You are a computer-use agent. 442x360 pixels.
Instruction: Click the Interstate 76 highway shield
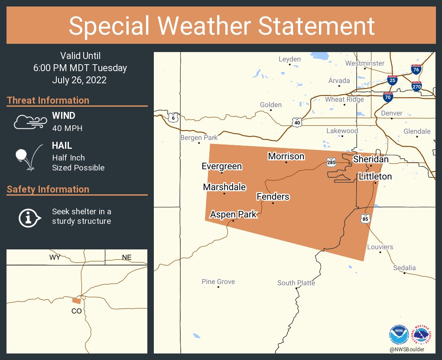[x=416, y=69]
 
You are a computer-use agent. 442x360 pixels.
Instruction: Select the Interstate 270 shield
[x=417, y=86]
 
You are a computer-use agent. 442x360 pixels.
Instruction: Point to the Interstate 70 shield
[x=388, y=97]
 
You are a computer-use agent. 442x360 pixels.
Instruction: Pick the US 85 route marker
[x=366, y=219]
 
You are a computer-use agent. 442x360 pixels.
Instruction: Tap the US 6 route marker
[x=173, y=118]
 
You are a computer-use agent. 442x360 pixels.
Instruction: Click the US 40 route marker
[x=297, y=123]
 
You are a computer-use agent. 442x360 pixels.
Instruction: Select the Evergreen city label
[x=222, y=166]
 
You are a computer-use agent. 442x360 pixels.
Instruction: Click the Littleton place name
[x=375, y=177]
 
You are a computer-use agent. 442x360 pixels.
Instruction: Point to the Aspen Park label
[x=233, y=214]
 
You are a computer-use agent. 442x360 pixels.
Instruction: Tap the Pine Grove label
[x=218, y=282]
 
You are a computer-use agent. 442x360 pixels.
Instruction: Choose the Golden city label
[x=271, y=105]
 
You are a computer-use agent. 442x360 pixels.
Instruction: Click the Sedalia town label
[x=404, y=268]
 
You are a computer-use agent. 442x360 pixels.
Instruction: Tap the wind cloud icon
[x=29, y=122]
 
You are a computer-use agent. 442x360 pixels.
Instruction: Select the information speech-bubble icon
[x=29, y=217]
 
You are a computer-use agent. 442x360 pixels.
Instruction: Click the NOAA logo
[x=399, y=335]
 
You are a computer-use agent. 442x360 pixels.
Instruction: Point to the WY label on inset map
[x=55, y=257]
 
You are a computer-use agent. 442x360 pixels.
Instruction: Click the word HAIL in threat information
[x=62, y=146]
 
